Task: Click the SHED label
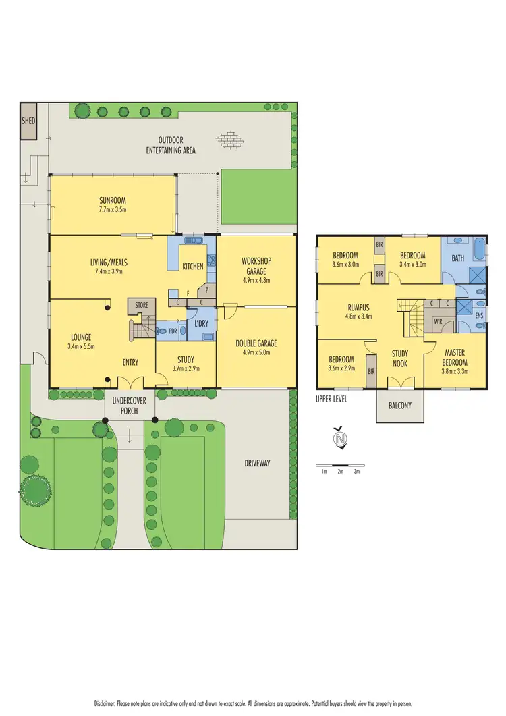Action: click(x=28, y=121)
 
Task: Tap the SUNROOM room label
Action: click(x=113, y=201)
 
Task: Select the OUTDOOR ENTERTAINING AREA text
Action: click(x=171, y=145)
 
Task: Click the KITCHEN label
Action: click(x=193, y=267)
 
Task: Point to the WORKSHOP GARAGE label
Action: click(x=256, y=266)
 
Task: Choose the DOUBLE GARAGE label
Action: click(x=256, y=343)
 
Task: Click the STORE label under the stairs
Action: click(x=141, y=306)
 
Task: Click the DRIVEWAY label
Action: click(x=257, y=463)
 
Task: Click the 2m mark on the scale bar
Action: click(x=340, y=472)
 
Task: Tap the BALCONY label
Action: click(x=399, y=407)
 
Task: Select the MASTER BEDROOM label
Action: click(x=455, y=357)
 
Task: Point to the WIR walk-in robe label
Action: click(x=438, y=321)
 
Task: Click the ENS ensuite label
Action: click(x=479, y=315)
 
